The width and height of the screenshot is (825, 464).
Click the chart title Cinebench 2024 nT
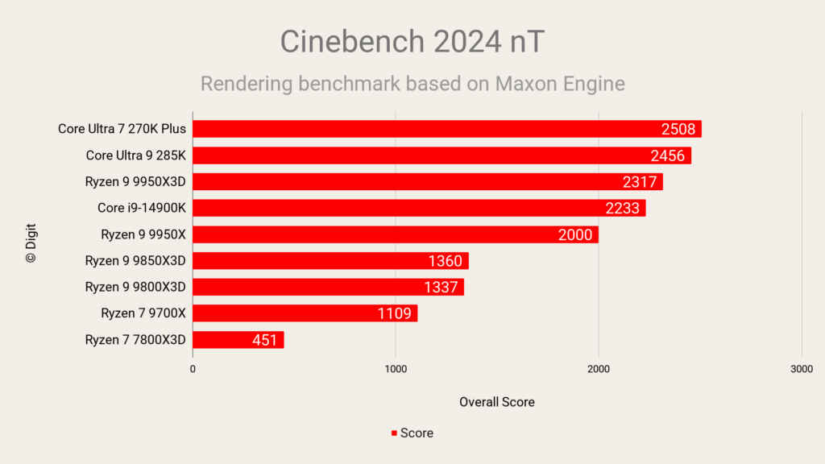tap(412, 42)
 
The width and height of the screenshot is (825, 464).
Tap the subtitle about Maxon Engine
tap(412, 83)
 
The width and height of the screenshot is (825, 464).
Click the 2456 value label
tap(667, 155)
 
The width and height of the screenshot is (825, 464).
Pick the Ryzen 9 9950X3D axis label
tap(135, 182)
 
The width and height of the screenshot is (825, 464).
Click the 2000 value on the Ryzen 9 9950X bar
tap(575, 234)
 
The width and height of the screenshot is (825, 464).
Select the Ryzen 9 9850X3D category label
tap(135, 260)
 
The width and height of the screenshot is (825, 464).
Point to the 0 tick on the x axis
tap(193, 368)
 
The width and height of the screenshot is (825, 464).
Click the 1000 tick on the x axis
tap(395, 368)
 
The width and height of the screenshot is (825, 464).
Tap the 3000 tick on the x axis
tap(801, 368)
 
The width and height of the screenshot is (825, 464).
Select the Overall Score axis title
tap(496, 401)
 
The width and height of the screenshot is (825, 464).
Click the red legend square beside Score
tap(394, 433)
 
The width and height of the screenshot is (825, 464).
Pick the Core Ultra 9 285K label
tap(136, 155)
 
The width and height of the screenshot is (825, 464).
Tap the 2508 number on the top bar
tap(678, 129)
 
